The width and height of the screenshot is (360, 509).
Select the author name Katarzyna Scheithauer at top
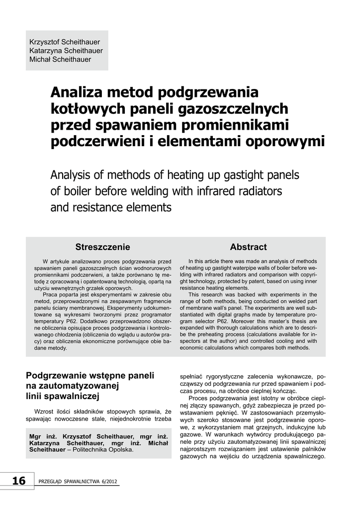[66, 50]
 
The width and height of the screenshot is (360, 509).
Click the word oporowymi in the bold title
[285, 141]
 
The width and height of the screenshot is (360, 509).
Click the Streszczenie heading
[102, 247]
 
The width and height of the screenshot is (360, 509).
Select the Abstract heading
[248, 247]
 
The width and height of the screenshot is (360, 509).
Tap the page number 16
[18, 481]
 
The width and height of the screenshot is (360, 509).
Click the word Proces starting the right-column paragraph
[200, 398]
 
